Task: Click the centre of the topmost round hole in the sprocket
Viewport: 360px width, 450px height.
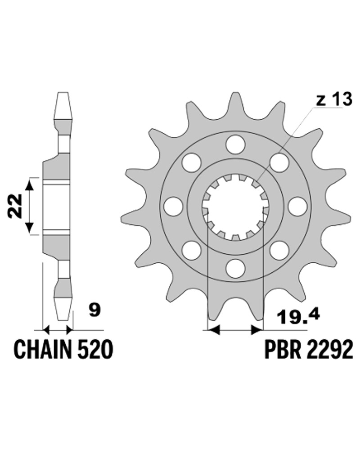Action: click(x=235, y=144)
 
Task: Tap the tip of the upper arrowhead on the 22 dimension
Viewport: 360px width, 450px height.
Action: click(x=30, y=178)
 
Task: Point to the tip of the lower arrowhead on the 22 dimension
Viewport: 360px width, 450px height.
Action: click(x=30, y=234)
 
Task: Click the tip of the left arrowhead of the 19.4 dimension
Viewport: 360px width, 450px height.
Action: click(x=207, y=330)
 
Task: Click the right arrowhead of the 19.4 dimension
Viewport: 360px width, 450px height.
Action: click(x=257, y=330)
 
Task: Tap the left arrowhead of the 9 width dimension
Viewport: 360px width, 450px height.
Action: click(x=46, y=330)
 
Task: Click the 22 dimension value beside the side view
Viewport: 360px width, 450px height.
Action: click(x=15, y=206)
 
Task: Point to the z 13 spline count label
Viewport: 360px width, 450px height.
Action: click(x=334, y=99)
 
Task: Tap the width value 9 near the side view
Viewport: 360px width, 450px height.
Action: click(x=94, y=310)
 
